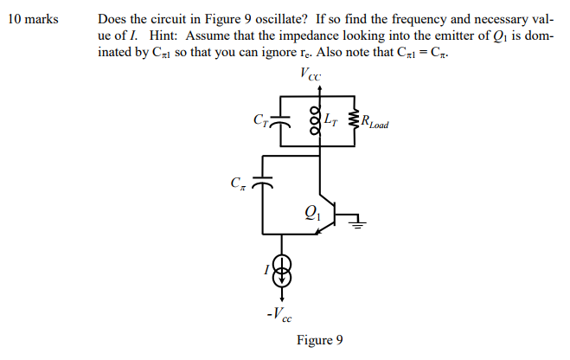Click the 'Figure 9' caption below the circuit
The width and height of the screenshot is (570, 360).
(x=319, y=340)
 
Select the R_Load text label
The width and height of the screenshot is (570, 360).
(x=374, y=124)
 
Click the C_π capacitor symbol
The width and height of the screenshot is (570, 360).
(x=263, y=183)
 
